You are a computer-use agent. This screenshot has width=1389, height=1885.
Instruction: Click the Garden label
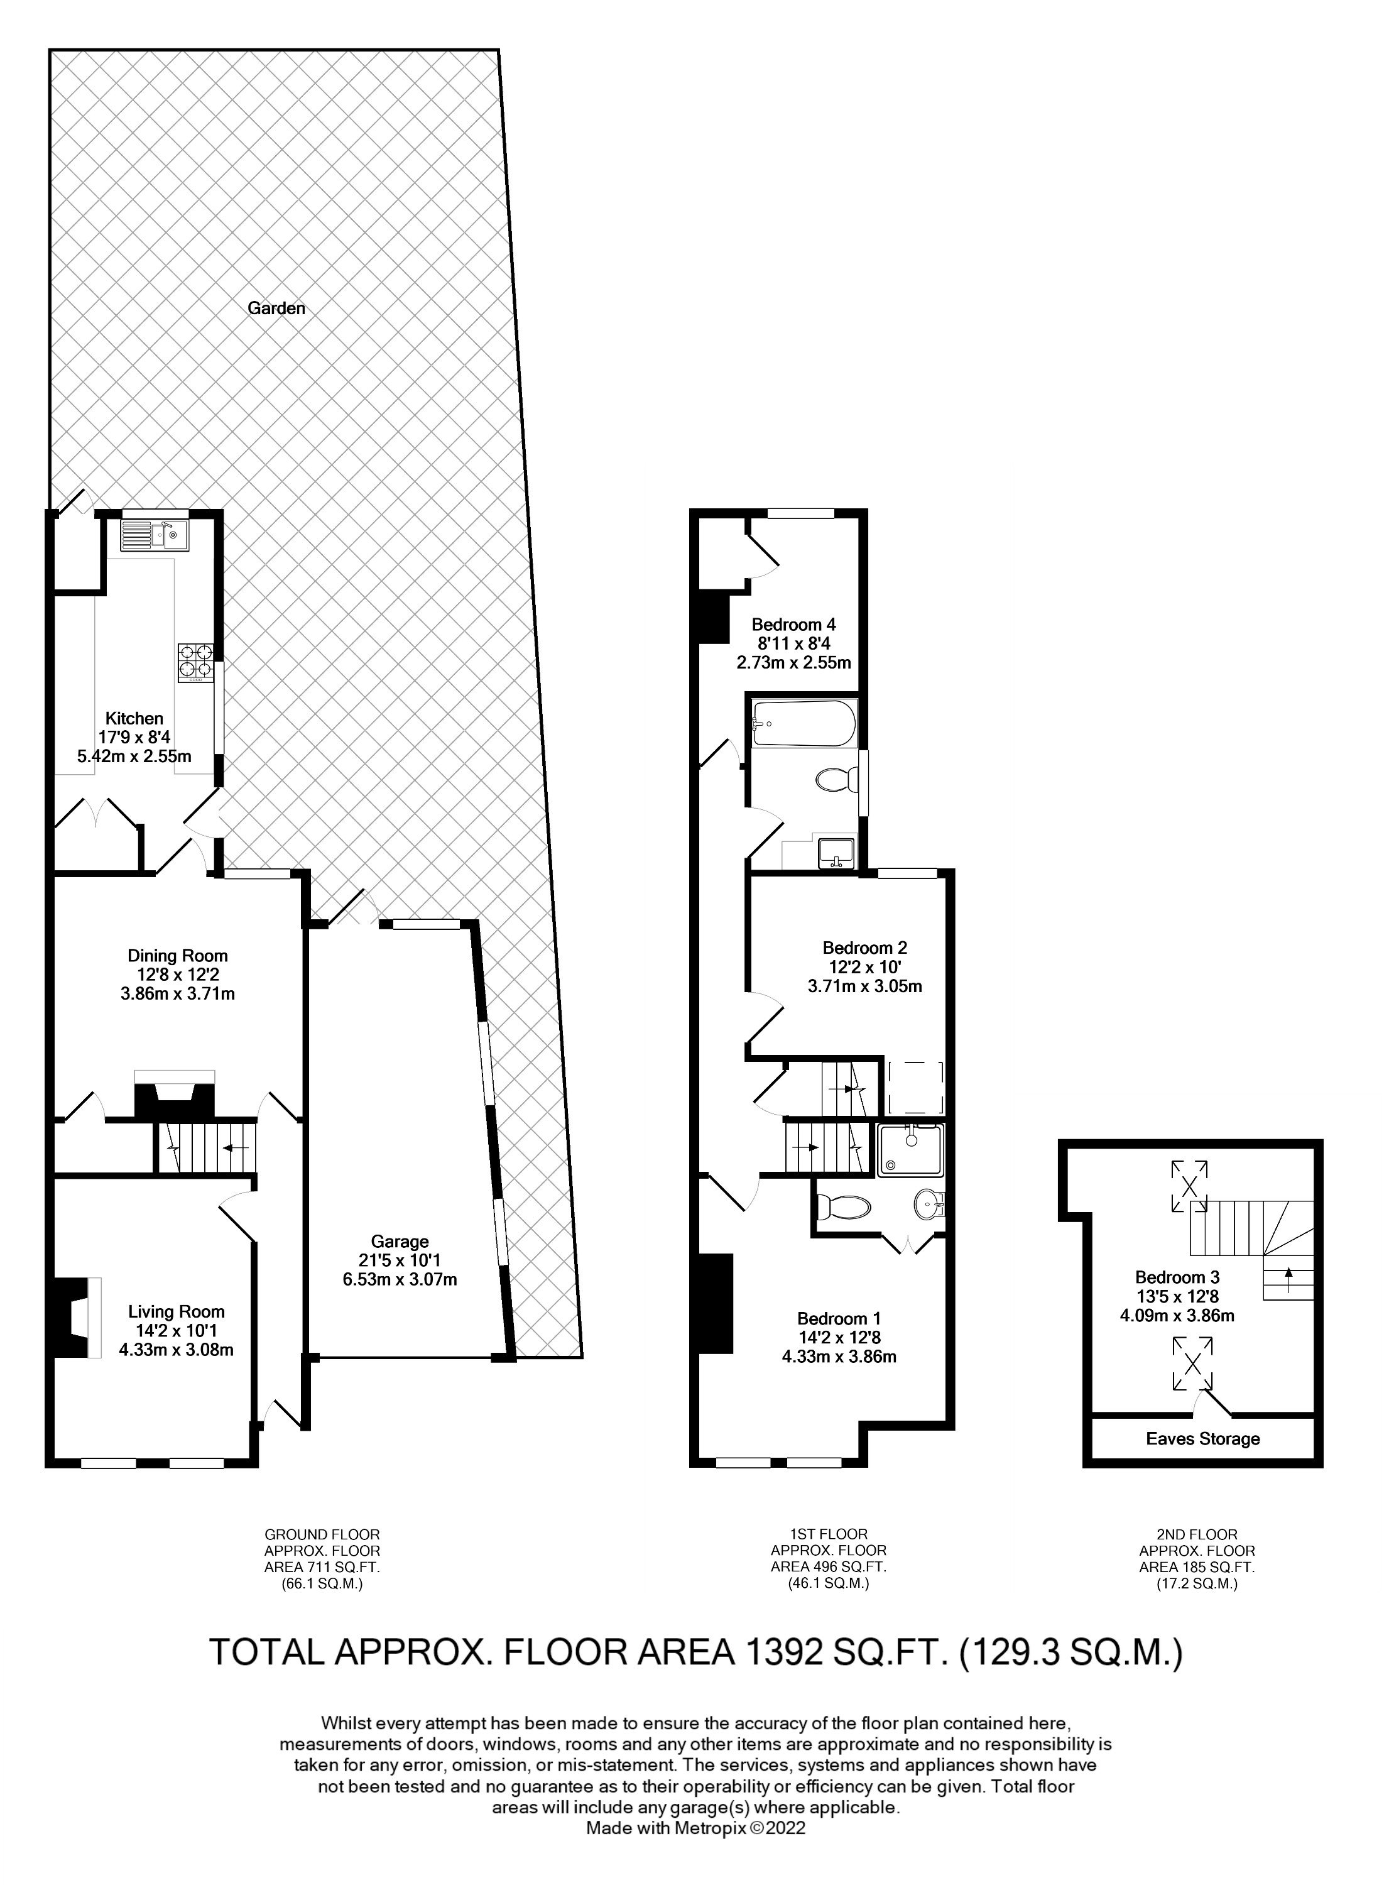276,309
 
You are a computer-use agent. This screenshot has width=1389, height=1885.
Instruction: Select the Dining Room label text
177,955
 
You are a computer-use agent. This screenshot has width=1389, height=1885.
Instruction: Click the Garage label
400,1241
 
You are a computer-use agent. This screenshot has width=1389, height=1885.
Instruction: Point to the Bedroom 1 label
838,1318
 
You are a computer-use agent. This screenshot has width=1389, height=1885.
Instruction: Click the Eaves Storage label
1202,1438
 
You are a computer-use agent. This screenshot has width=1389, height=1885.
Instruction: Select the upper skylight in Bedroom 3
1189,1186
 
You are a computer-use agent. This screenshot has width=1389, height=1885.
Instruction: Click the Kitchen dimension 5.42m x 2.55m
134,756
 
